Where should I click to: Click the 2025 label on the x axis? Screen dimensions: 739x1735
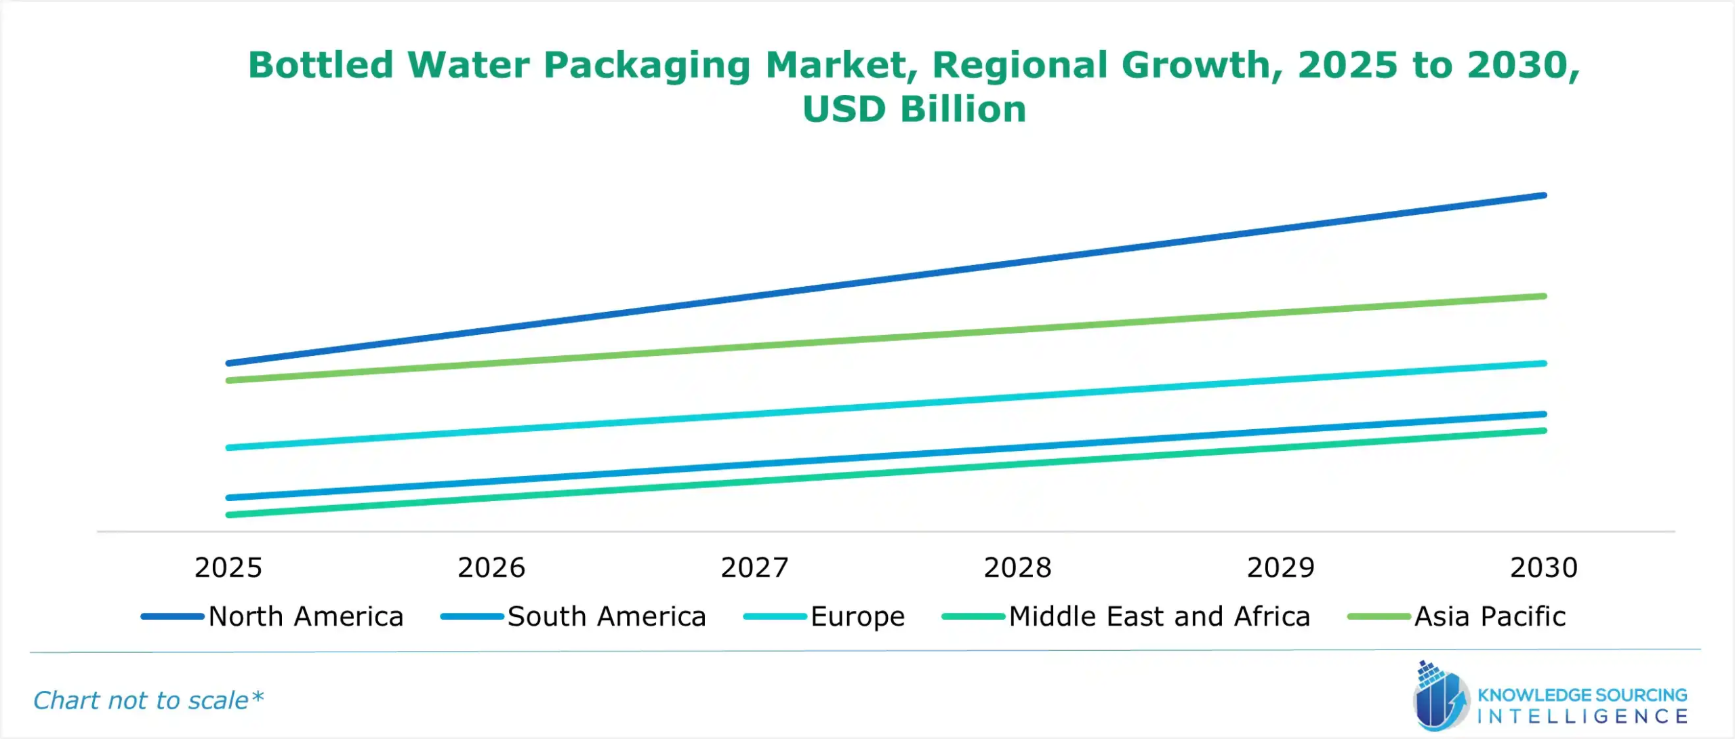coord(228,567)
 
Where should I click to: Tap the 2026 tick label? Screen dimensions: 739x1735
coord(491,567)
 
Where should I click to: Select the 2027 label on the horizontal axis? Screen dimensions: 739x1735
coord(754,567)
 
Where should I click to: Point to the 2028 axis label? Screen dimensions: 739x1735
coord(1017,567)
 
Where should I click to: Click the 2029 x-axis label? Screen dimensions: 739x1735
coord(1280,567)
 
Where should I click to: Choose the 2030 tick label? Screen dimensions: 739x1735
coord(1543,567)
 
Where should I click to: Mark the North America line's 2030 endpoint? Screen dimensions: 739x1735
coord(1544,195)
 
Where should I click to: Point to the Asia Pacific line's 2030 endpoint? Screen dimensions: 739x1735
coord(1544,296)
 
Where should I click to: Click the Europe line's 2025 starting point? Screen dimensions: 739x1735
coord(229,447)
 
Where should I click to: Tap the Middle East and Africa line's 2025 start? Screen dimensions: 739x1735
coord(229,515)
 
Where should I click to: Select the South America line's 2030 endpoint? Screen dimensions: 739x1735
coord(1544,414)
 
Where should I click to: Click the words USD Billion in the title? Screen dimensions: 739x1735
coord(914,109)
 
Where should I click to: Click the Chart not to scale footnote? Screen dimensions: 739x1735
coord(148,700)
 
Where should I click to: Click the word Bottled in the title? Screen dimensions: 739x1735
coord(320,65)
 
